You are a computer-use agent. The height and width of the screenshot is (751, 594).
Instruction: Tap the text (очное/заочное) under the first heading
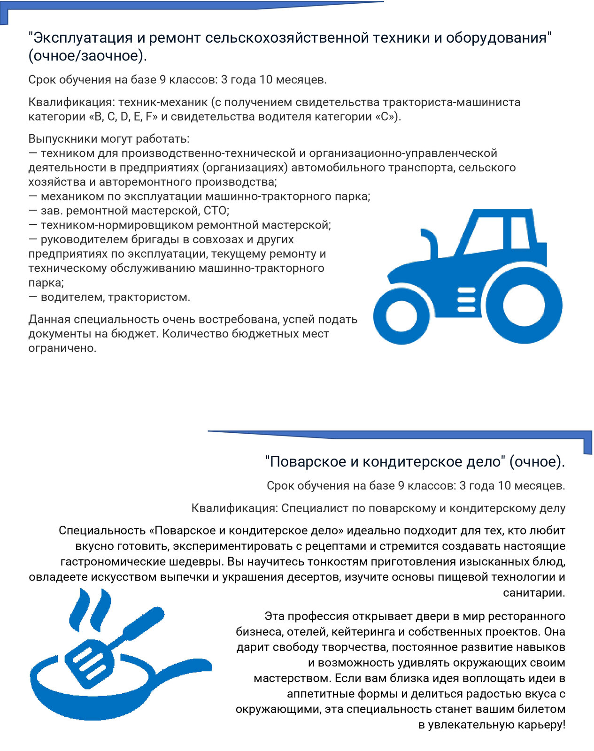87,56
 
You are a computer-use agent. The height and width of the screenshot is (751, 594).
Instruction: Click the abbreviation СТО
216,211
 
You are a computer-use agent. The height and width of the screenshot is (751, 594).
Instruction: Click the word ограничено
62,348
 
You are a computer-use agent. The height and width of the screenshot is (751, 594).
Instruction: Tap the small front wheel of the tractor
401,316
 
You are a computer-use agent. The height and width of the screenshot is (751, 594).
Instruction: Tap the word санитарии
534,593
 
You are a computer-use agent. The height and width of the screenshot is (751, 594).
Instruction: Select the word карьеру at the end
541,725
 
